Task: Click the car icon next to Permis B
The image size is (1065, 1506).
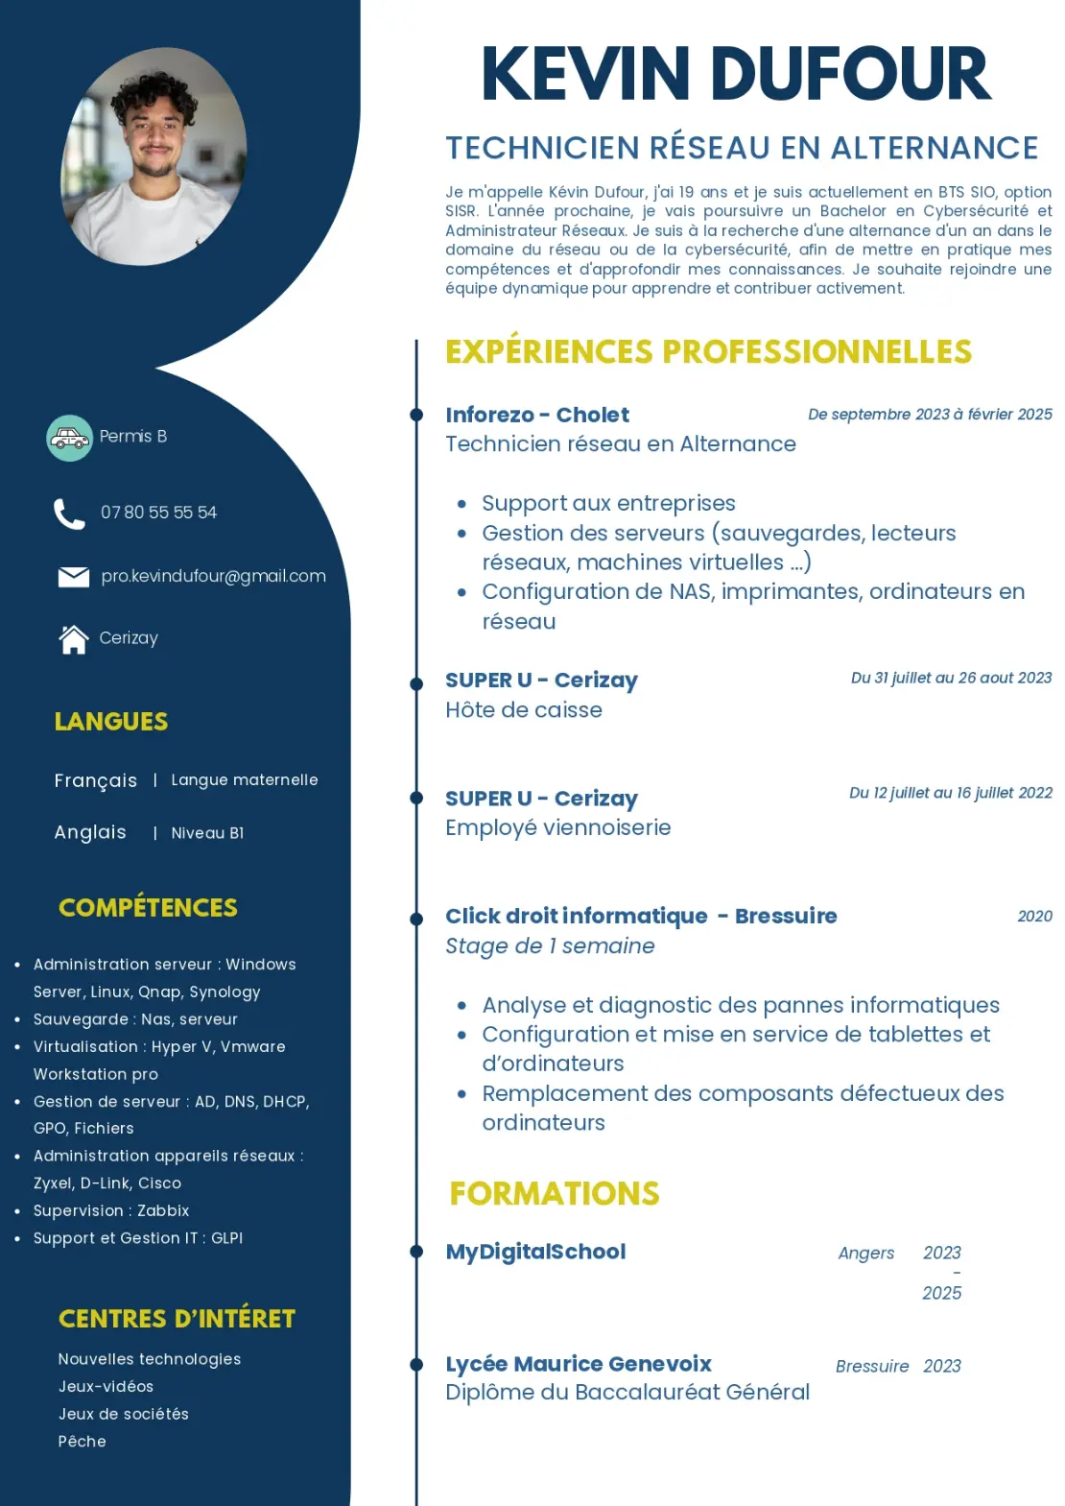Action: tap(70, 438)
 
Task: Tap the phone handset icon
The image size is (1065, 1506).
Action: tap(69, 514)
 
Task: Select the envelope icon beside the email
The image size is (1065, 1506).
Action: tap(74, 576)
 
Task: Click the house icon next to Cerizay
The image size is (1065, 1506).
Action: tap(74, 638)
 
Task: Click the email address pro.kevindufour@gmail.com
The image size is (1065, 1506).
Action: tap(213, 576)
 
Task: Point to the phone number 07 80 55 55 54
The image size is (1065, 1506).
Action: tap(158, 513)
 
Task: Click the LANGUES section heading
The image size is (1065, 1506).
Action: tap(111, 721)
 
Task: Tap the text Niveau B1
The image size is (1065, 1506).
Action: tap(207, 833)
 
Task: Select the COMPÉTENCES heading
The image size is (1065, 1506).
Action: tap(148, 907)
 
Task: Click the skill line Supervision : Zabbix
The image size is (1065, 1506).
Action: tap(111, 1210)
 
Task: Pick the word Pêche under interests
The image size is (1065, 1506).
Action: tap(83, 1441)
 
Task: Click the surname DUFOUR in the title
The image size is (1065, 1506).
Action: tap(850, 74)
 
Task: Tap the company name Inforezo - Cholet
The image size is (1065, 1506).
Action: tap(537, 415)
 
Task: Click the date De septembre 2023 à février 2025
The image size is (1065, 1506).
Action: tap(930, 415)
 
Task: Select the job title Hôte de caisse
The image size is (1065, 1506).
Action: tap(524, 710)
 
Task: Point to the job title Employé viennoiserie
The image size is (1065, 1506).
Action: tap(557, 827)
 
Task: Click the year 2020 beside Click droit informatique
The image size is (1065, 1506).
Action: tap(1034, 917)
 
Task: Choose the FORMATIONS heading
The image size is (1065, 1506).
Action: tap(555, 1193)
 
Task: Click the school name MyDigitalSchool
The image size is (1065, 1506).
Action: tap(535, 1252)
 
